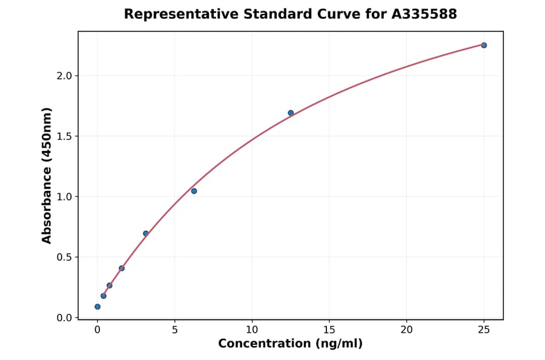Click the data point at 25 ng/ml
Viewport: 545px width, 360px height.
484,45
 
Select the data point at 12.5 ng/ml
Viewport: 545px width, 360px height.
291,113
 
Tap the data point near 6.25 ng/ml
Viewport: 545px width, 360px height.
194,191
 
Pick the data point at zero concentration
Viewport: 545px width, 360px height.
97,307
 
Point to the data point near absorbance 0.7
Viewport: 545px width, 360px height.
146,233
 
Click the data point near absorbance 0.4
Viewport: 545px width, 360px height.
122,268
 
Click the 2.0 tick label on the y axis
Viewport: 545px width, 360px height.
64,76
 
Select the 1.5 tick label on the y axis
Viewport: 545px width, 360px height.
64,136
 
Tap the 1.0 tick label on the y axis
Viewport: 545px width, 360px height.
64,197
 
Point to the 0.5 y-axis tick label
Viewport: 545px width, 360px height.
64,258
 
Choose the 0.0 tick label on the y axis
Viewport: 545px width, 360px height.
64,318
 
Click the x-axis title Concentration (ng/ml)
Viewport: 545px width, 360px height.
290,344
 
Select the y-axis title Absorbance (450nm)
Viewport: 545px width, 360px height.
47,175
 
